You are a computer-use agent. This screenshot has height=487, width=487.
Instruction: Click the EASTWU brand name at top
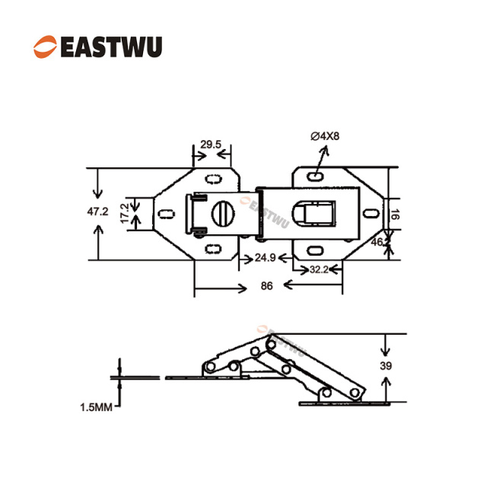click(110, 46)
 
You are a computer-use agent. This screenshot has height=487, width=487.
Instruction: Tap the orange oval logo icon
click(45, 46)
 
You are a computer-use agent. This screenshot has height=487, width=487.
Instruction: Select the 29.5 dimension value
click(210, 144)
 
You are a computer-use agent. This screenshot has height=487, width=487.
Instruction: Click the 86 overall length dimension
click(266, 287)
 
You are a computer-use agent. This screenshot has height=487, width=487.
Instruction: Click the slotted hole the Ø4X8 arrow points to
click(314, 177)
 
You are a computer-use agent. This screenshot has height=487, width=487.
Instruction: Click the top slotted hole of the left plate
click(213, 178)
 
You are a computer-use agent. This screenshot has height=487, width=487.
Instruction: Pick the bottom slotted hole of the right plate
click(314, 249)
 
